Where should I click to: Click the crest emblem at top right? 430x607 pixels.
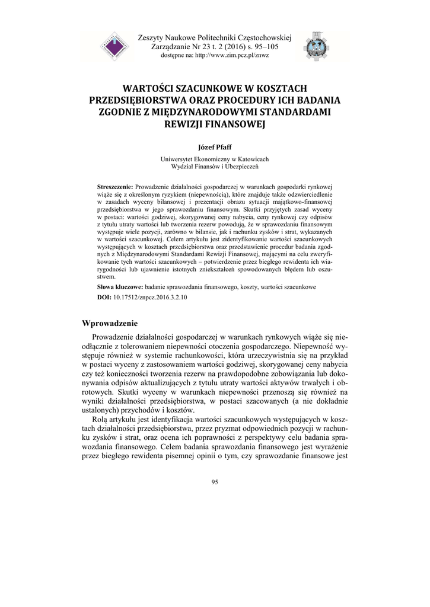tap(314, 46)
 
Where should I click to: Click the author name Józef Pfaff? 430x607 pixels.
tap(215, 146)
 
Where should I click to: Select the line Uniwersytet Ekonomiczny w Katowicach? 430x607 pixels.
tap(215, 159)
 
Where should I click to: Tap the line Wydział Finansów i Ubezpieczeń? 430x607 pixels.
tap(215, 167)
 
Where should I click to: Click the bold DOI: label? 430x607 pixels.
tap(104, 296)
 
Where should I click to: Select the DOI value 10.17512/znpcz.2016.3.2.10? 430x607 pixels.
tap(150, 296)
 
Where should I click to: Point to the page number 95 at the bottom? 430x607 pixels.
tap(215, 481)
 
